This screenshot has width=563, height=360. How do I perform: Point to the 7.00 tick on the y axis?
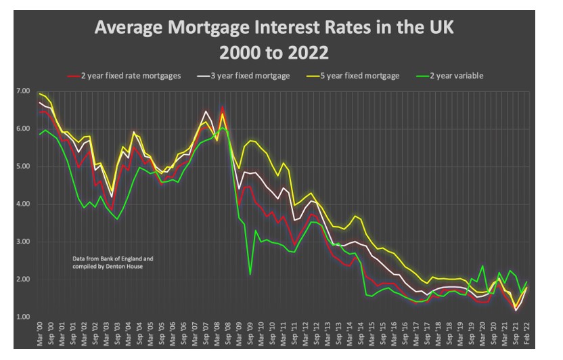click(24, 91)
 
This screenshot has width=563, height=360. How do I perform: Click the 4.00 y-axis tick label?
click(24, 204)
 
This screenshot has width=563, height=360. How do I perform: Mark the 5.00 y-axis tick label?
click(24, 166)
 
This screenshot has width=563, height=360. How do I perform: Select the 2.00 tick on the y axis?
click(24, 279)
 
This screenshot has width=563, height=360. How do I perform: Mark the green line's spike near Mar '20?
click(483, 267)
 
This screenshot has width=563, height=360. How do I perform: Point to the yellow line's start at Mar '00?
click(41, 94)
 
